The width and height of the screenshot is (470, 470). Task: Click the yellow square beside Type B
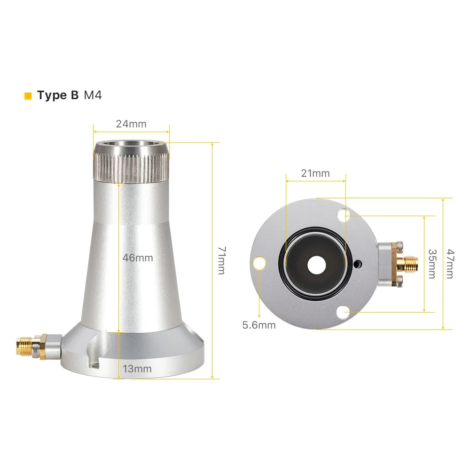tap(28, 96)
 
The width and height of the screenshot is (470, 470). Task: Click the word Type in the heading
tap(52, 95)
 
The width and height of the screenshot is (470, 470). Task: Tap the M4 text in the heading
tap(93, 95)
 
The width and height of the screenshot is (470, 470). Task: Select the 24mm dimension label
tap(131, 124)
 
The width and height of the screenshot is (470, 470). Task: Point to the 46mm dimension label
tap(138, 258)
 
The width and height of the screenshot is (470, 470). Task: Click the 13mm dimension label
tap(137, 368)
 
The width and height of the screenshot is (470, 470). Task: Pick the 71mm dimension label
tap(221, 260)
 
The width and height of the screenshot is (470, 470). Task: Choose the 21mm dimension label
tap(315, 173)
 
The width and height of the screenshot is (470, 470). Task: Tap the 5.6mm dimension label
tap(259, 325)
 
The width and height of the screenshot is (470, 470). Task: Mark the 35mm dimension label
tap(432, 264)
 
